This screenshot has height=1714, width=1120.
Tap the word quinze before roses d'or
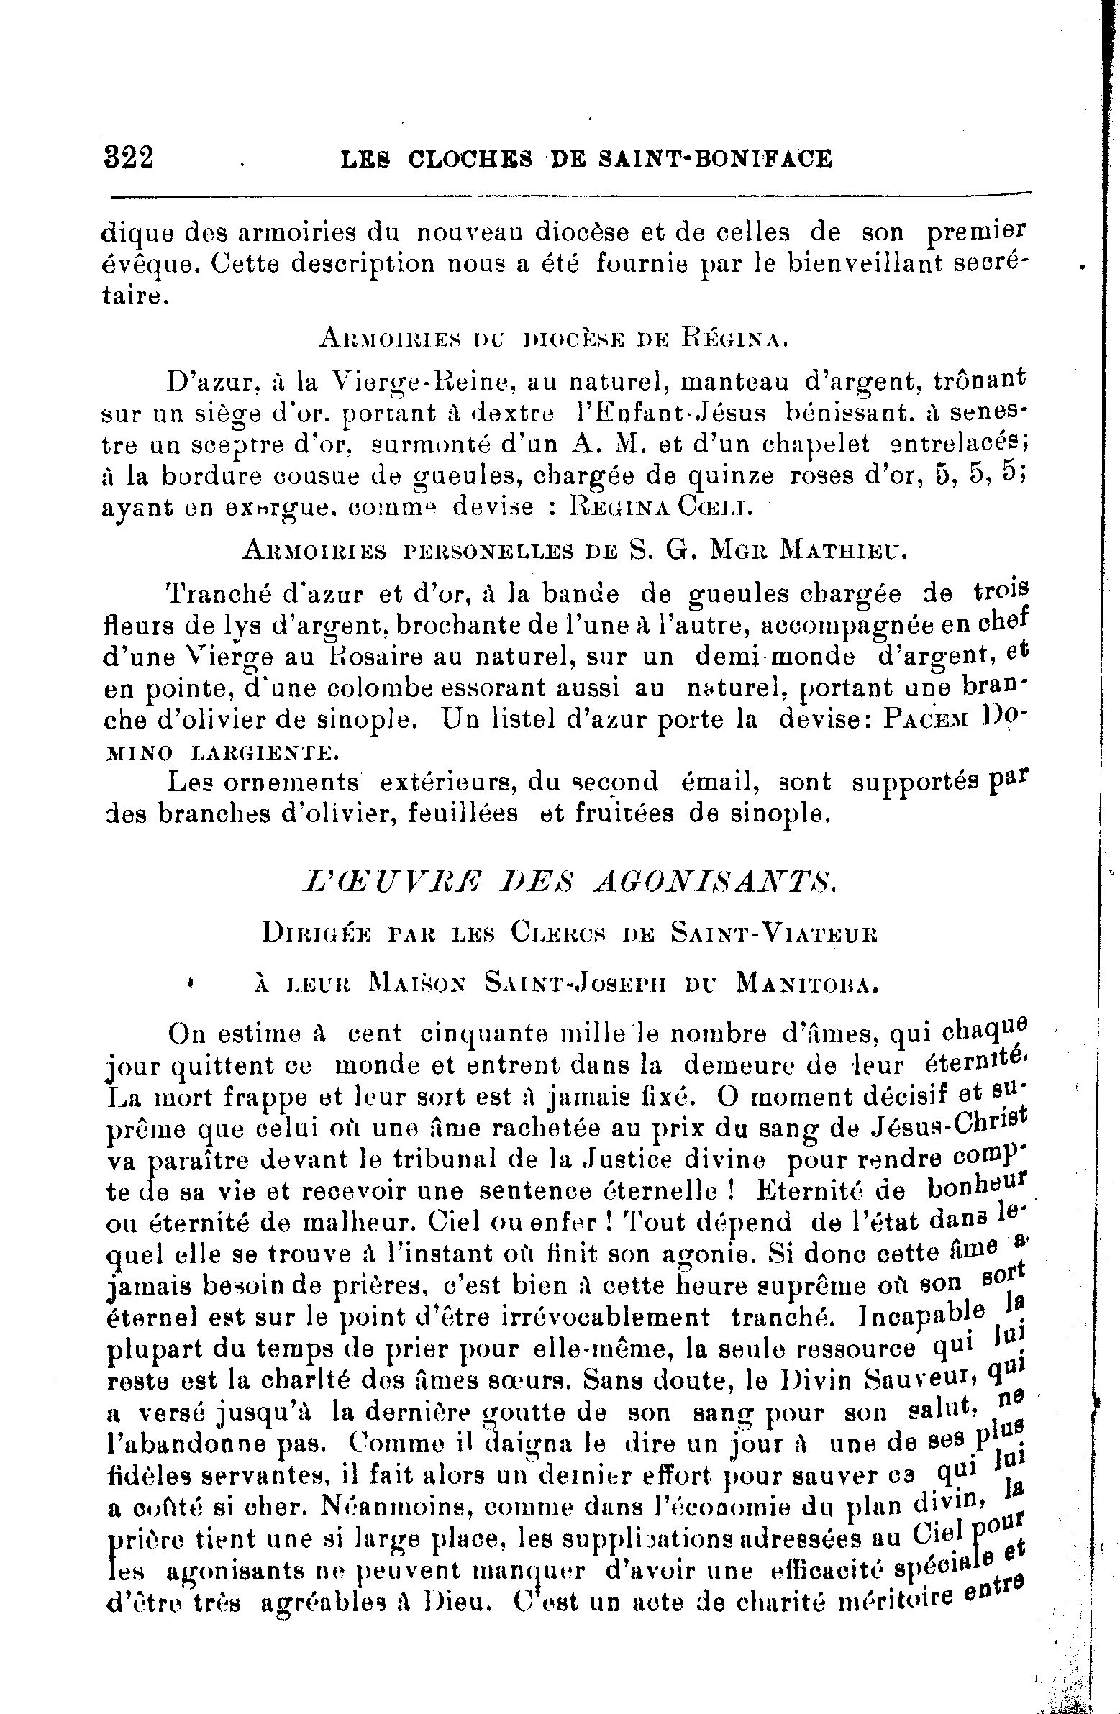[729, 476]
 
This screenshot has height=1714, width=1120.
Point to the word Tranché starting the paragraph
[212, 593]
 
